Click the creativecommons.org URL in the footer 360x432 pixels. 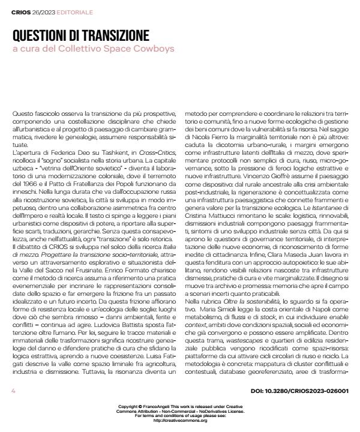point(180,421)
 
